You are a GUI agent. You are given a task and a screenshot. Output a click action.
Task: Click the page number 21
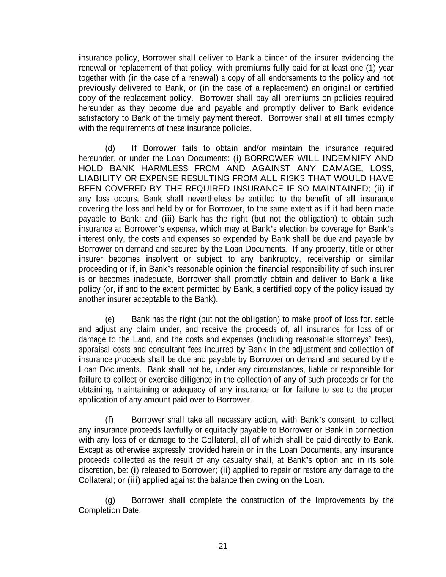223,546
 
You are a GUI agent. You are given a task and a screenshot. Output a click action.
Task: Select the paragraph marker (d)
109,148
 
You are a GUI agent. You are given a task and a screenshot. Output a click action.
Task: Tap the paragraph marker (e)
109,319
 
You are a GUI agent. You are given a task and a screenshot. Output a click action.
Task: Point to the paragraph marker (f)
109,420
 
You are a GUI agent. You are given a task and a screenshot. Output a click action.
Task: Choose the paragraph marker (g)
109,500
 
